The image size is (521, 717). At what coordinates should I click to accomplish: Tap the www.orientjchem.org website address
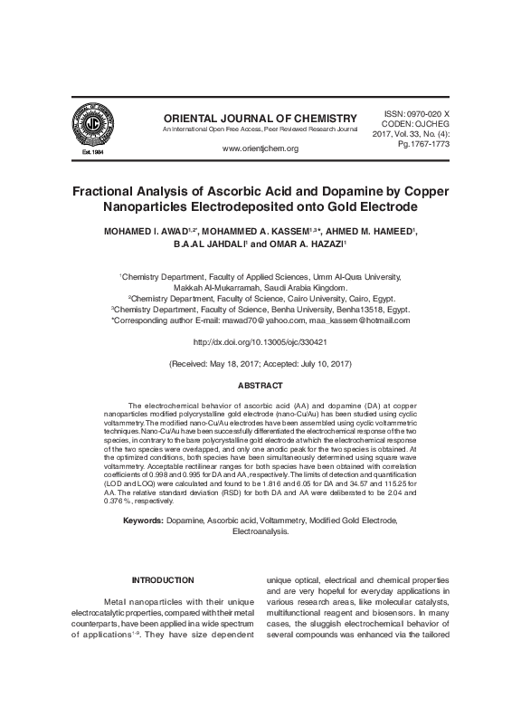[260, 148]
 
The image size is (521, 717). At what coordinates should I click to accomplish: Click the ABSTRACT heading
[260, 385]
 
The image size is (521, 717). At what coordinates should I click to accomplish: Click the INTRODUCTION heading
[163, 579]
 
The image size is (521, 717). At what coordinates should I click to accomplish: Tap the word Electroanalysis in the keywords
[260, 533]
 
